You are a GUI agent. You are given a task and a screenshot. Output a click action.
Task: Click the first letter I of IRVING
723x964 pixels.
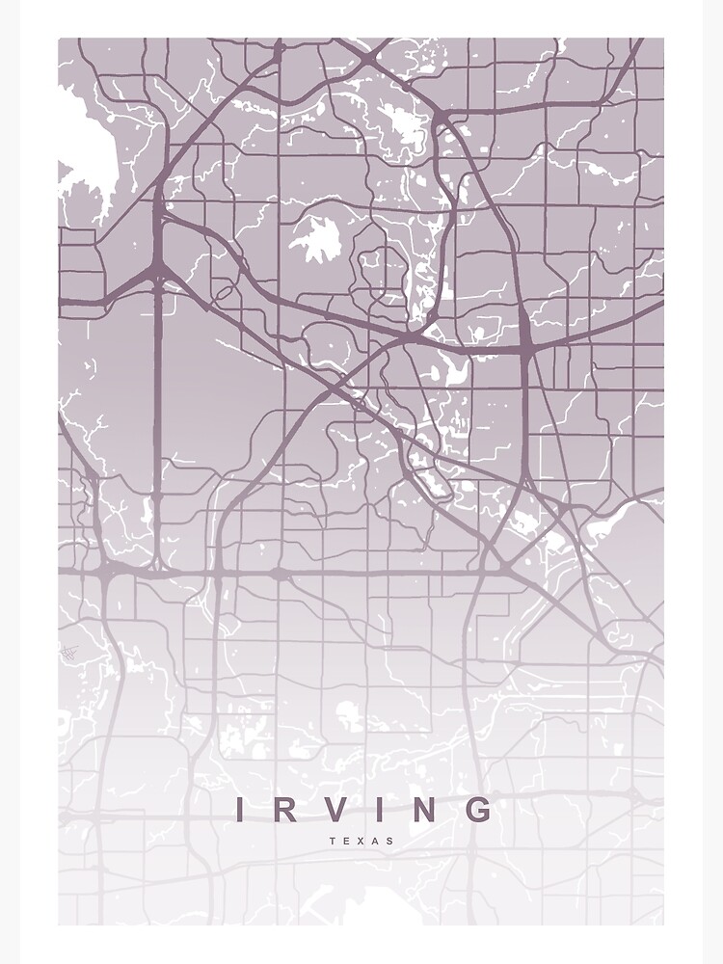tap(240, 810)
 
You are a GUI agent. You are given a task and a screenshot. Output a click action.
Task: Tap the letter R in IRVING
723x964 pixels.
tap(285, 810)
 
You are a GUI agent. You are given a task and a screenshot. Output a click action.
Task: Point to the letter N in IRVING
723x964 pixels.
tap(425, 810)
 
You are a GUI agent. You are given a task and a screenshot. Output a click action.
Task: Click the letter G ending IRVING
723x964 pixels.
tap(479, 810)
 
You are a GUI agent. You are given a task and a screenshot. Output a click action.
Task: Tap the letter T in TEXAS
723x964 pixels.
tap(333, 841)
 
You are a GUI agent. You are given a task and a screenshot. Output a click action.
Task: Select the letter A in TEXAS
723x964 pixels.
tap(376, 841)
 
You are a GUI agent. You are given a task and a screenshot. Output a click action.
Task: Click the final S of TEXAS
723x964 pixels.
tap(390, 841)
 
